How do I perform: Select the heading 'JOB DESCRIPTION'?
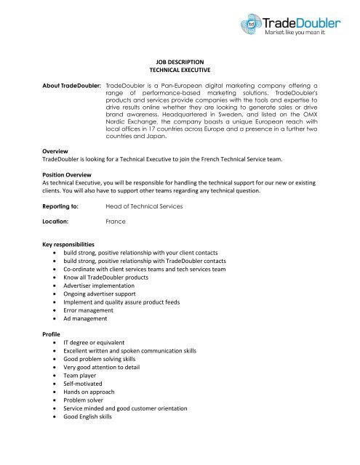[x=180, y=64]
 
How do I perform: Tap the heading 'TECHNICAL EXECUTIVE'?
[x=180, y=73]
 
